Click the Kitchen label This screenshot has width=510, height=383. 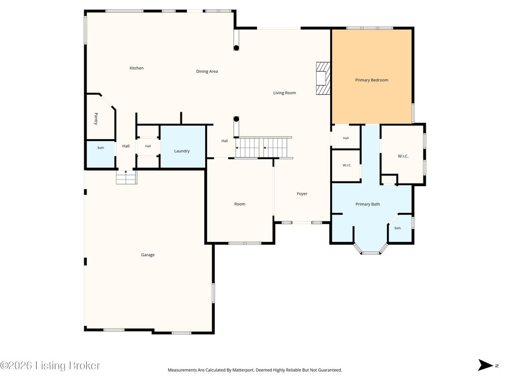click(136, 68)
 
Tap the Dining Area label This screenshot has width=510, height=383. click(207, 71)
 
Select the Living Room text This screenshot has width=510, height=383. click(284, 93)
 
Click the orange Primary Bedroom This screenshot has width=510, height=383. click(372, 77)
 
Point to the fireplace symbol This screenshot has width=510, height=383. click(323, 78)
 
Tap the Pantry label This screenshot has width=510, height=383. click(96, 119)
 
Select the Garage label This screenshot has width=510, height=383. click(147, 255)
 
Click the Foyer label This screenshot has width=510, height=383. click(302, 194)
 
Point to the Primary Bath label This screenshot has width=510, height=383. click(368, 204)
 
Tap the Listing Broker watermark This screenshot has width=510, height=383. click(50, 366)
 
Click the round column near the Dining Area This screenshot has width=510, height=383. click(237, 48)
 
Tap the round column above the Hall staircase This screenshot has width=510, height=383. click(237, 119)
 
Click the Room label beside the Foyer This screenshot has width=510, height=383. click(240, 204)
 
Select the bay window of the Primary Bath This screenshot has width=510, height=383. click(370, 248)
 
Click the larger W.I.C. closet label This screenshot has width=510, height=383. click(403, 156)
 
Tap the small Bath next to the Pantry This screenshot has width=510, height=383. click(101, 154)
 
